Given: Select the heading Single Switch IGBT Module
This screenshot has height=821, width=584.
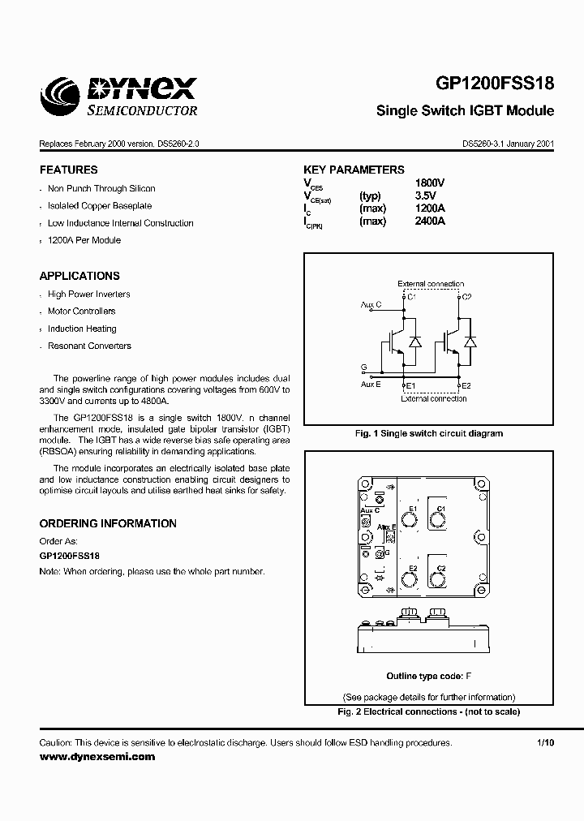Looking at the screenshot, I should tap(465, 110).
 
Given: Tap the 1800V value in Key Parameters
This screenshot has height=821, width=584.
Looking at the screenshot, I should tap(429, 183).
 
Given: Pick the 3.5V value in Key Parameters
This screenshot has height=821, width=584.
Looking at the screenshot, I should tap(425, 196).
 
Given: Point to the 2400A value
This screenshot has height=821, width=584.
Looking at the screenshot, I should tap(429, 221).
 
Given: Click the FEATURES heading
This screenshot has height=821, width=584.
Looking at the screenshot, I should tap(69, 170).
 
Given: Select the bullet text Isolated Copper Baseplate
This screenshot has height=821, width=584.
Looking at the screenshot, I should tap(100, 206).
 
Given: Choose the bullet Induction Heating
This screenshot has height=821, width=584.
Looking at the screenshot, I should tap(82, 329).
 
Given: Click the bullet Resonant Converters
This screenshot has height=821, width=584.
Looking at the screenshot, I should tap(89, 346).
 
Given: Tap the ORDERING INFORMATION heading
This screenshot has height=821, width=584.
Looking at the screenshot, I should tap(108, 524).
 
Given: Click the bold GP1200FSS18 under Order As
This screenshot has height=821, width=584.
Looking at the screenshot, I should tap(70, 557).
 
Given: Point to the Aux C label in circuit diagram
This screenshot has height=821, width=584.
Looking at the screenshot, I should tap(371, 305).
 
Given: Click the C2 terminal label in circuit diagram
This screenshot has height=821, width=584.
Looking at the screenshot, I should tap(466, 298).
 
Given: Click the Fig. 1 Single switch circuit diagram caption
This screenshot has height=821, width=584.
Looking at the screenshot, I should tap(429, 433).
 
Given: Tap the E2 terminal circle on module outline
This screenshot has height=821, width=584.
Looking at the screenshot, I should tap(408, 579).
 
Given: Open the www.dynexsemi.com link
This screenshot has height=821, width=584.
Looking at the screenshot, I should tap(97, 756).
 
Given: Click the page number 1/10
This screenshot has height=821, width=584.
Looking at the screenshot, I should tap(545, 743).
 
